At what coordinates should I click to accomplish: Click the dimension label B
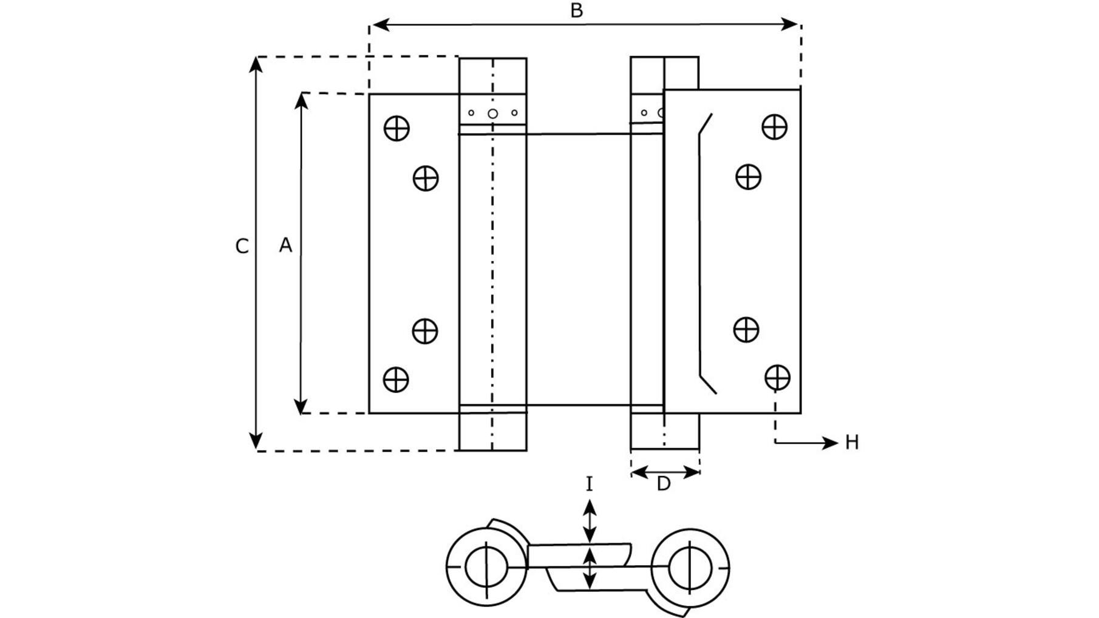pyautogui.click(x=577, y=10)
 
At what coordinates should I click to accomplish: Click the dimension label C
pyautogui.click(x=242, y=246)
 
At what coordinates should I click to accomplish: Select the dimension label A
pyautogui.click(x=285, y=245)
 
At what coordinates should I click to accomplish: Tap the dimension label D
pyautogui.click(x=664, y=484)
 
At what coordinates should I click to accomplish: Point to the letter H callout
pyautogui.click(x=852, y=443)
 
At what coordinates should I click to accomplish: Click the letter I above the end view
pyautogui.click(x=589, y=484)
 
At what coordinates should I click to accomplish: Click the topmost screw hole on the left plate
pyautogui.click(x=397, y=128)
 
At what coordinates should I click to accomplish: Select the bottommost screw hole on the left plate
pyautogui.click(x=396, y=379)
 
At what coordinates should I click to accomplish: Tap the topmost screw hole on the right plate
pyautogui.click(x=775, y=127)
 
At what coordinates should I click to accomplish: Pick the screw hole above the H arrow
pyautogui.click(x=777, y=378)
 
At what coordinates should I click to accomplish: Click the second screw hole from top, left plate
pyautogui.click(x=426, y=178)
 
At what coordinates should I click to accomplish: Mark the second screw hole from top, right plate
pyautogui.click(x=748, y=177)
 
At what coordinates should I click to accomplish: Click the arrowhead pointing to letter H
pyautogui.click(x=830, y=443)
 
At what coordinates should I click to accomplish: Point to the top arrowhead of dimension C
pyautogui.click(x=257, y=65)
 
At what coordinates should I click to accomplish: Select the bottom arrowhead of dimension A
pyautogui.click(x=301, y=406)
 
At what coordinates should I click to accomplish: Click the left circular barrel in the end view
pyautogui.click(x=486, y=566)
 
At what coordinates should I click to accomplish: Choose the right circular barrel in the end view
pyautogui.click(x=690, y=568)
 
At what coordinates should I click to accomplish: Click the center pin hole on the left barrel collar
pyautogui.click(x=492, y=114)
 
